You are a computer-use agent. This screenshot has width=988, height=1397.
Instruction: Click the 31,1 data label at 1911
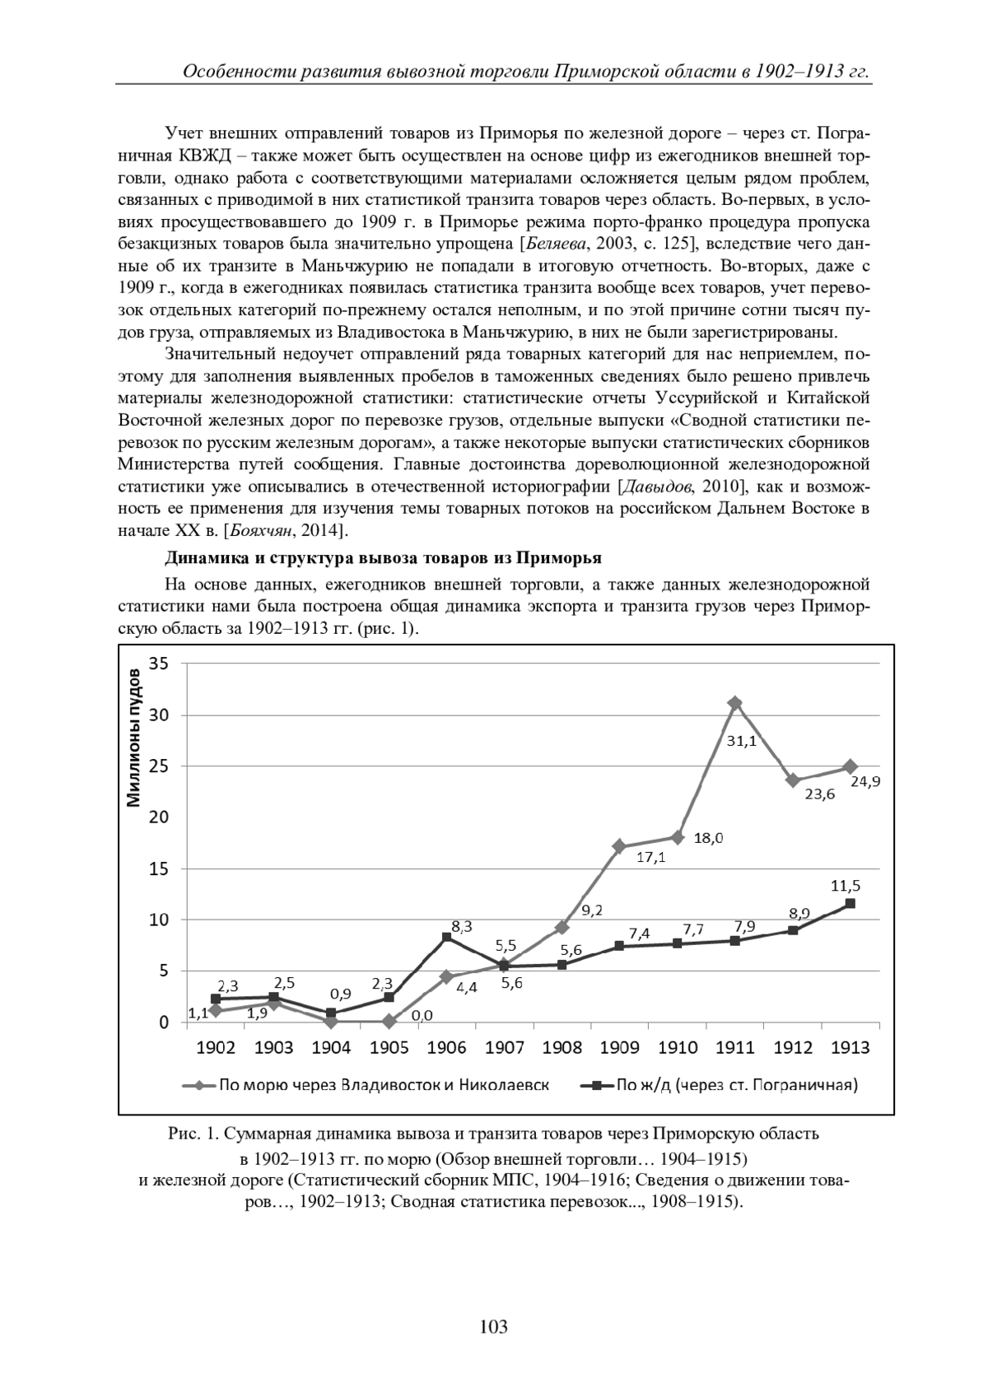click(742, 741)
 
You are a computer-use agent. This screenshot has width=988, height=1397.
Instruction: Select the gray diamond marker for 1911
click(735, 703)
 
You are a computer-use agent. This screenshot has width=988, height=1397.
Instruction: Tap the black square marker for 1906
click(447, 937)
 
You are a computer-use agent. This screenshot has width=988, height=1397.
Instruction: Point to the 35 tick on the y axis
click(158, 664)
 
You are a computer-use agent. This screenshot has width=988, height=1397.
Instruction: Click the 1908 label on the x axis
click(562, 1047)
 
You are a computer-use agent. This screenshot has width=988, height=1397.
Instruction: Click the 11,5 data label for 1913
click(846, 886)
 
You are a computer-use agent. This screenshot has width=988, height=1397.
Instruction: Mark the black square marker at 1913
click(851, 903)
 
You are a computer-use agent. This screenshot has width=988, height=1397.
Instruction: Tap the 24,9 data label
click(865, 782)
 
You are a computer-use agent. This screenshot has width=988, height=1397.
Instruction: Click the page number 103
click(493, 1326)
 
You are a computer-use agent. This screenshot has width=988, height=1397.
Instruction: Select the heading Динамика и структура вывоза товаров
click(383, 558)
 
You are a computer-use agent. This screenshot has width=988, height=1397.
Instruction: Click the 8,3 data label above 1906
click(461, 926)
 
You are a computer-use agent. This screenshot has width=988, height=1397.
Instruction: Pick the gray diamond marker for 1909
click(619, 846)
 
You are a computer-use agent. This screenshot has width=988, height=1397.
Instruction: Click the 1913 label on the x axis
click(851, 1047)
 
